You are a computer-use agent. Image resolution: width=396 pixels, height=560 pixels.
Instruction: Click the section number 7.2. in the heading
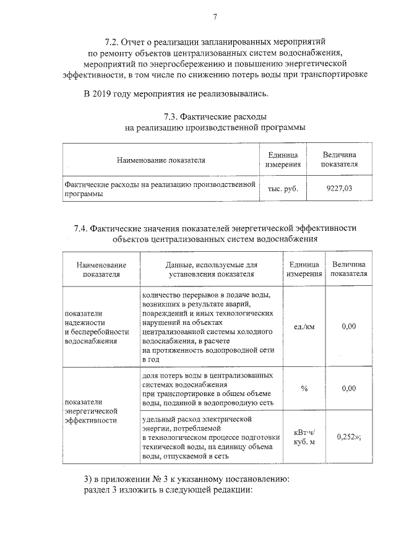(113, 43)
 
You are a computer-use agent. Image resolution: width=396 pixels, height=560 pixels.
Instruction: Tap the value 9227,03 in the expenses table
(338, 189)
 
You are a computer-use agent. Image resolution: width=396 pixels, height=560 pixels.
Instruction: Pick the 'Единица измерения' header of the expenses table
(283, 160)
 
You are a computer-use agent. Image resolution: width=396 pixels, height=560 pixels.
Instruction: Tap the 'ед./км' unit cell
(304, 326)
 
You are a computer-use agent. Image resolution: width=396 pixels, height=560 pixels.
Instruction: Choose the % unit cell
(304, 388)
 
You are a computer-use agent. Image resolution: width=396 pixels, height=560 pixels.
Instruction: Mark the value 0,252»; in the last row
(349, 436)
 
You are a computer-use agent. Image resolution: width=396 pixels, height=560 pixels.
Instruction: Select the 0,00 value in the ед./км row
(349, 326)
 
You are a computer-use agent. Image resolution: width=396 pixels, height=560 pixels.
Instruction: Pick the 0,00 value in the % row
(349, 388)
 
